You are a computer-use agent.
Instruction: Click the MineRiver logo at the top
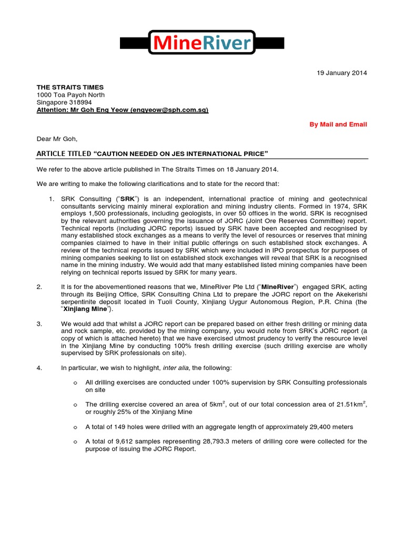[x=201, y=43]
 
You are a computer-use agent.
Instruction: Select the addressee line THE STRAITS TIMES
[x=70, y=87]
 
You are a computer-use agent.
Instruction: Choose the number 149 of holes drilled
[x=119, y=427]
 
